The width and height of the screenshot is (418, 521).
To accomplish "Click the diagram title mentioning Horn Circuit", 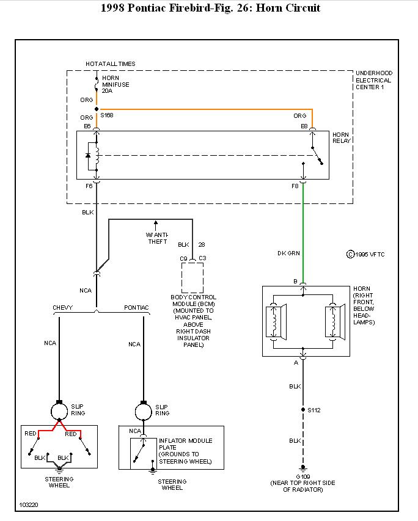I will coord(208,8).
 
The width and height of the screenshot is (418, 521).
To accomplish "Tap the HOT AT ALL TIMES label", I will coord(111,64).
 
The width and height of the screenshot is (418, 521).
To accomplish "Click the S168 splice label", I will coord(107,115).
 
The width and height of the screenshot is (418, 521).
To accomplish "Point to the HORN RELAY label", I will coord(342,137).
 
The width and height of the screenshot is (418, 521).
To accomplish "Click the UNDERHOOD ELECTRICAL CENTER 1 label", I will coord(373,80).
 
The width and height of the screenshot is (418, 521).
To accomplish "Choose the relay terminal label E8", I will coord(304,126).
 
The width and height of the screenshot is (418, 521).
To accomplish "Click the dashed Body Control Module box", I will coord(193,279).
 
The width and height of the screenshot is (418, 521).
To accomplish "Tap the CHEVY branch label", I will coord(63,307).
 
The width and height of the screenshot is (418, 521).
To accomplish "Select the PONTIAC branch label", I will coord(136,307).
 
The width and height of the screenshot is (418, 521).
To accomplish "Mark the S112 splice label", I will coord(313,410).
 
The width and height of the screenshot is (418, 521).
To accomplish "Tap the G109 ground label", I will coord(302,476).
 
